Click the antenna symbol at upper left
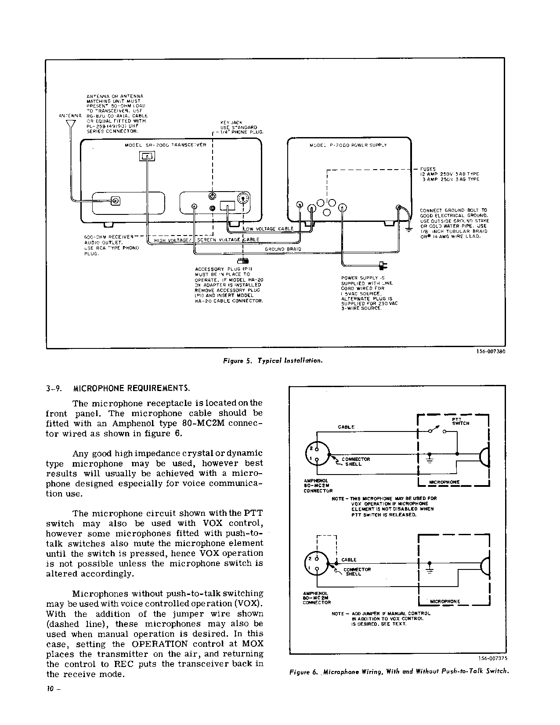point(71,124)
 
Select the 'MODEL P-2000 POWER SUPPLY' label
point(348,145)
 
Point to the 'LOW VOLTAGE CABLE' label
point(269,229)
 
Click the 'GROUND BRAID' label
point(283,249)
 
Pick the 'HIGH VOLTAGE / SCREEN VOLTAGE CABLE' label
point(207,240)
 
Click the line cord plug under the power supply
point(382,265)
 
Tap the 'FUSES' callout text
point(428,169)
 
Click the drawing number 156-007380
point(490,352)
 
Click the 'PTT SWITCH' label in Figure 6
point(460,421)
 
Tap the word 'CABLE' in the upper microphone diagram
point(346,427)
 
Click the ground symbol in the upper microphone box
point(430,460)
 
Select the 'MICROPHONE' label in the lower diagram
point(444,602)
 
